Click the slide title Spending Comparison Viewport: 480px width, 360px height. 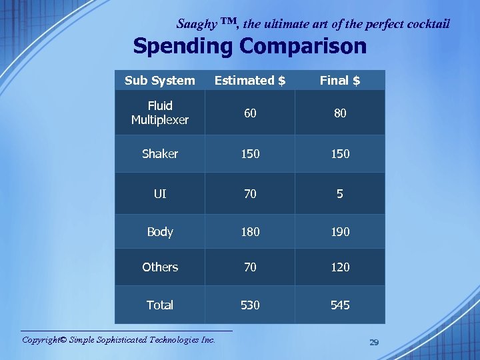pyautogui.click(x=249, y=46)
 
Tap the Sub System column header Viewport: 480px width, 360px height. pyautogui.click(x=160, y=81)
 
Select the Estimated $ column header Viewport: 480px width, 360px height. pyautogui.click(x=250, y=81)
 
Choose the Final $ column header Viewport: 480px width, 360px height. pyautogui.click(x=340, y=81)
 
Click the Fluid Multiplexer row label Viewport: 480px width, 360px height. pyautogui.click(x=160, y=113)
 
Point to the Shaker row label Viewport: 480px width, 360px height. pyautogui.click(x=160, y=153)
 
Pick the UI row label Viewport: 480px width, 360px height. pyautogui.click(x=160, y=194)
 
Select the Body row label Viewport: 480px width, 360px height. pyautogui.click(x=160, y=232)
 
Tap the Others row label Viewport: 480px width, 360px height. pyautogui.click(x=160, y=267)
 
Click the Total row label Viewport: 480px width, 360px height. pyautogui.click(x=160, y=305)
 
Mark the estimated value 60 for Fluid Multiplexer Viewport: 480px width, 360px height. pyautogui.click(x=250, y=113)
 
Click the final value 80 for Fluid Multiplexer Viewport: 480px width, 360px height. pyautogui.click(x=340, y=113)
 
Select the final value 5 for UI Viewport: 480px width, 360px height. pyautogui.click(x=340, y=194)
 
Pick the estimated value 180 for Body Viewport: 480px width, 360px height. pyautogui.click(x=250, y=232)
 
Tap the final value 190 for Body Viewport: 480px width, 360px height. pyautogui.click(x=340, y=232)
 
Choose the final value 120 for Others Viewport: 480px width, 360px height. pyautogui.click(x=340, y=267)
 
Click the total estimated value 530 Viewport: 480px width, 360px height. pyautogui.click(x=250, y=305)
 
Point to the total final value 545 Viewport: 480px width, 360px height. pyautogui.click(x=340, y=305)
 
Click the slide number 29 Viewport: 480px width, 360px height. pyautogui.click(x=374, y=342)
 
